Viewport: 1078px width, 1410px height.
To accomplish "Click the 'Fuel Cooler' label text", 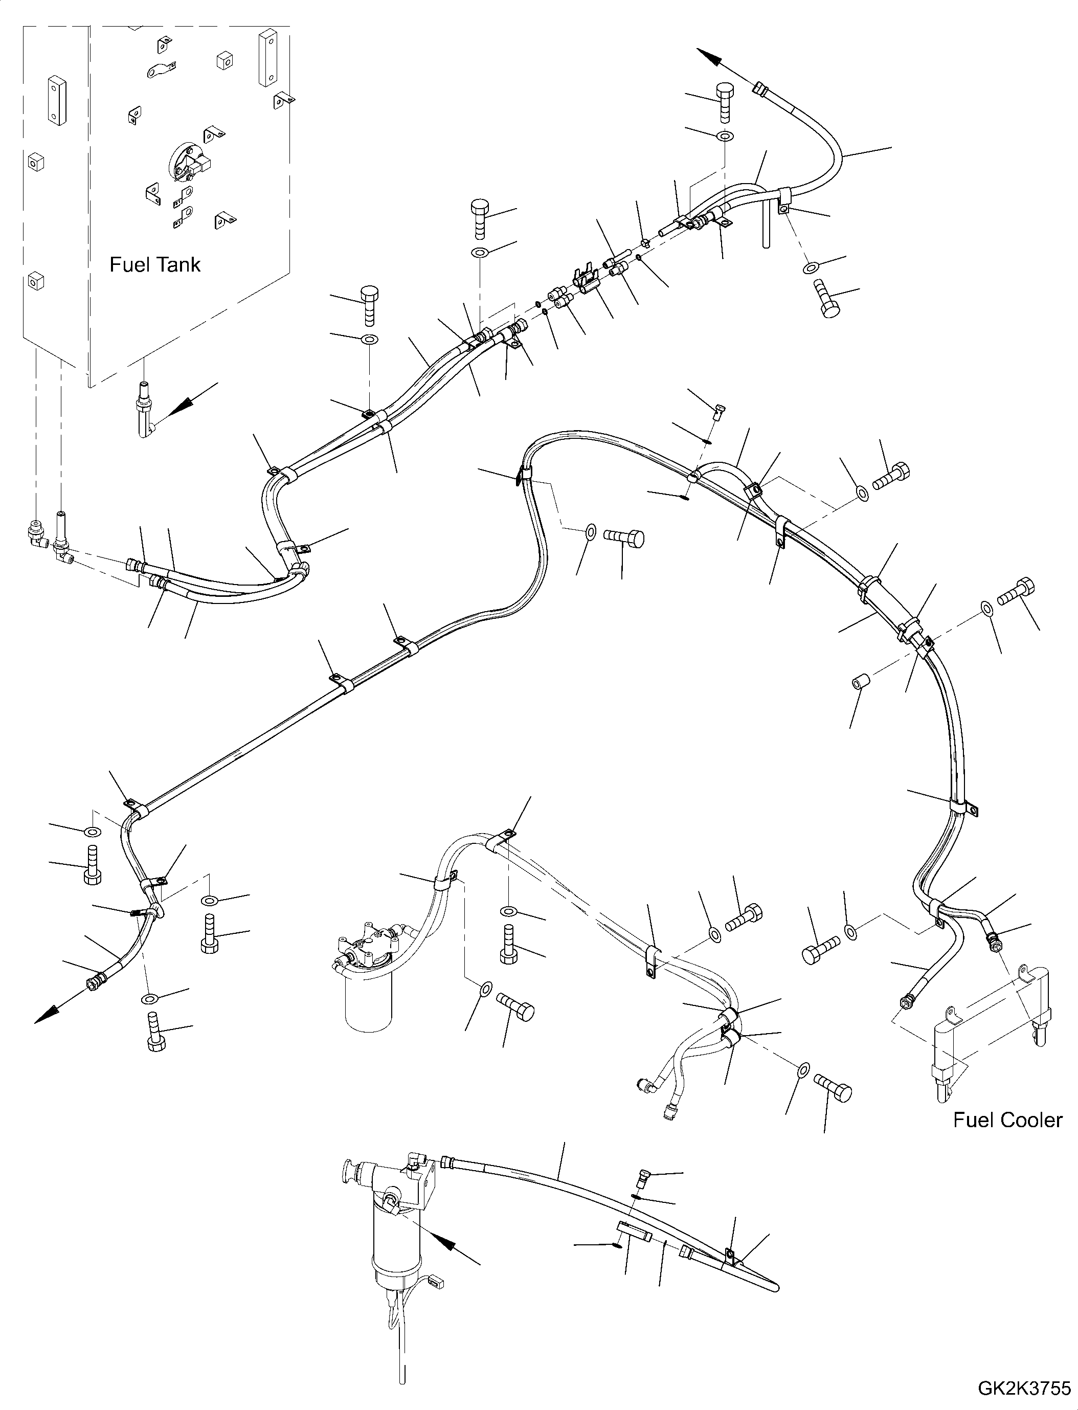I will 1007,1120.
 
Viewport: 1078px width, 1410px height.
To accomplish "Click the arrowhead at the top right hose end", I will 709,56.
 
